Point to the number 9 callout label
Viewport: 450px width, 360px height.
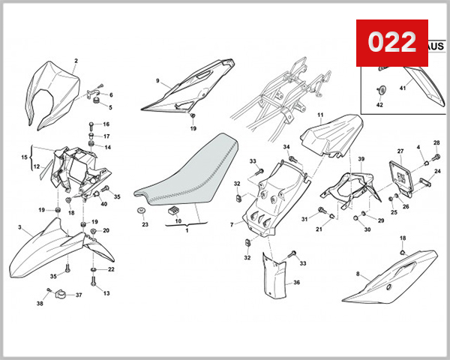click(x=158, y=80)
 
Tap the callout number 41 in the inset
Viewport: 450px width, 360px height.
click(x=402, y=88)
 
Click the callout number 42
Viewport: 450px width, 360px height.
click(x=379, y=105)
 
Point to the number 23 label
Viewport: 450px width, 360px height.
click(x=145, y=224)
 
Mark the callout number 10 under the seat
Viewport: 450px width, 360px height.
click(x=178, y=221)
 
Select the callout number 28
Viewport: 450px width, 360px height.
click(x=436, y=142)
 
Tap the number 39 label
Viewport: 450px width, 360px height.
click(x=361, y=160)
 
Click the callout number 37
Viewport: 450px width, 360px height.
click(x=78, y=295)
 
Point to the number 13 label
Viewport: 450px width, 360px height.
click(x=106, y=293)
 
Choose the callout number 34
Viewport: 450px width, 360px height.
click(x=286, y=147)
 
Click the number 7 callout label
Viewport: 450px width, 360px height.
click(x=232, y=224)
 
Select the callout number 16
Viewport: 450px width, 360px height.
click(x=106, y=124)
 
